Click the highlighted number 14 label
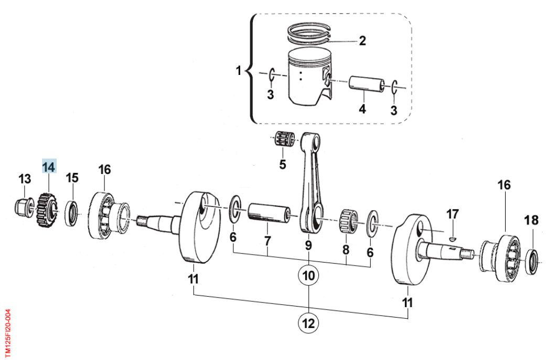[x=49, y=167]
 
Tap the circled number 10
[x=308, y=275]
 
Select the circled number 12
[x=308, y=323]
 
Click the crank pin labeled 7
[x=269, y=214]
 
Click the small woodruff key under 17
[x=452, y=238]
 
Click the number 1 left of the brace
[x=239, y=70]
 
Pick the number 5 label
[x=282, y=165]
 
